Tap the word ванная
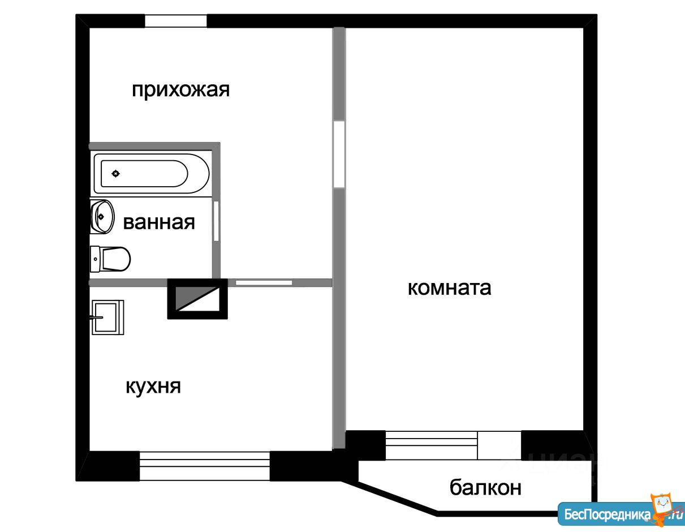click(159, 222)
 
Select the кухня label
click(153, 387)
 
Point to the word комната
click(449, 288)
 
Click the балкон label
click(485, 487)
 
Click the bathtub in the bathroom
click(152, 173)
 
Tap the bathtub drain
click(116, 173)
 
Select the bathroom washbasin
click(102, 217)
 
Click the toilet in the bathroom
click(110, 259)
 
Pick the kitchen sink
click(107, 318)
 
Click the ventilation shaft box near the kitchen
click(197, 299)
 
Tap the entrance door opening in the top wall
click(175, 21)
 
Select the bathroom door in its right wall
click(216, 221)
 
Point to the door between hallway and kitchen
click(264, 283)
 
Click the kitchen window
click(205, 466)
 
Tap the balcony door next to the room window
click(499, 445)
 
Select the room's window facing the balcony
click(431, 445)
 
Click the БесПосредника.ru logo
click(621, 513)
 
